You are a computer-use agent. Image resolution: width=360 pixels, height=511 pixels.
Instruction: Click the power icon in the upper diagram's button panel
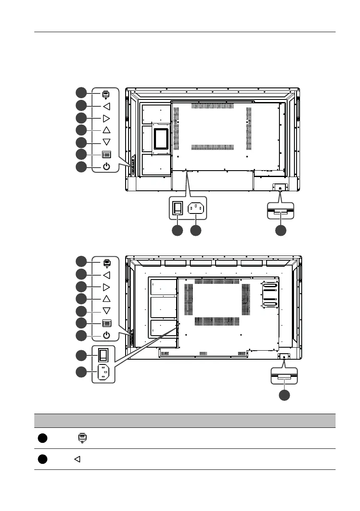(106, 166)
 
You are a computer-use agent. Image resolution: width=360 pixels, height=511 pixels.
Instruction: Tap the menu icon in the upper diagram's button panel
(106, 154)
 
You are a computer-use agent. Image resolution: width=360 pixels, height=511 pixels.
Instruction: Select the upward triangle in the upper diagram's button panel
(106, 130)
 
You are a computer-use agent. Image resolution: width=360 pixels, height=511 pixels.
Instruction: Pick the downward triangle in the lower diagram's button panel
(106, 311)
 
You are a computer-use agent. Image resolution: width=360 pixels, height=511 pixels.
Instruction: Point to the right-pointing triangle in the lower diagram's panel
(106, 287)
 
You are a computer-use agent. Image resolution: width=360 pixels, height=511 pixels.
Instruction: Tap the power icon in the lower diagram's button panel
(106, 335)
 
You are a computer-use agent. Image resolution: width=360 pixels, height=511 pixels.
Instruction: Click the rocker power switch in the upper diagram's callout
(177, 209)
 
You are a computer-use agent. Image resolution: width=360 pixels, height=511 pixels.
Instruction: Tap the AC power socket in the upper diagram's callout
(196, 209)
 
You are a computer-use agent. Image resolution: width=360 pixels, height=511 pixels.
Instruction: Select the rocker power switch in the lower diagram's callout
(103, 355)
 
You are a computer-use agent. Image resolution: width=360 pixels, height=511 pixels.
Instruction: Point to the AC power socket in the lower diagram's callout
(103, 372)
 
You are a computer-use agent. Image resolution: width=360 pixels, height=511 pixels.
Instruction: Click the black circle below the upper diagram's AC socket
(196, 230)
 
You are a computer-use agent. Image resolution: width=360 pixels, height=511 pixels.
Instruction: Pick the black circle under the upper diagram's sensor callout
(281, 230)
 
